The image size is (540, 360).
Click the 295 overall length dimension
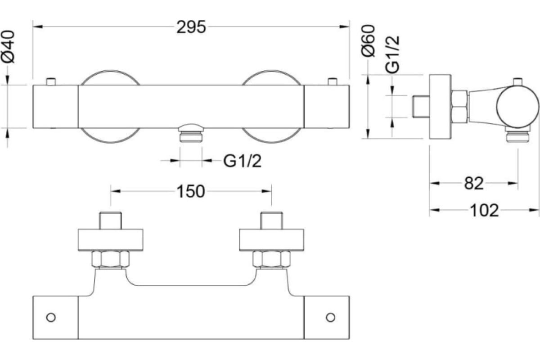coord(191,27)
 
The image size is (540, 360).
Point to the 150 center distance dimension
coord(191,191)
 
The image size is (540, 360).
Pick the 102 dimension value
coord(484,210)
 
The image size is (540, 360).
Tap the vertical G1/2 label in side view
coord(393,54)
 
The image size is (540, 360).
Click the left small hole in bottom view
coord(51,317)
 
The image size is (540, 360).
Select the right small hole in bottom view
coord(331,317)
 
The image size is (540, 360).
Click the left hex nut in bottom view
coord(111,260)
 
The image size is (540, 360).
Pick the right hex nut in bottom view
coord(271,260)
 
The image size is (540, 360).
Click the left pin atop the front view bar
coord(51,81)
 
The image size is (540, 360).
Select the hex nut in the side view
coord(459,106)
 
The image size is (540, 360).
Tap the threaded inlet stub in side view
coord(420,106)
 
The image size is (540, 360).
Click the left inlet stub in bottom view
coord(111,221)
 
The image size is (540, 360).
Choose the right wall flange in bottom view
coord(272,240)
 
